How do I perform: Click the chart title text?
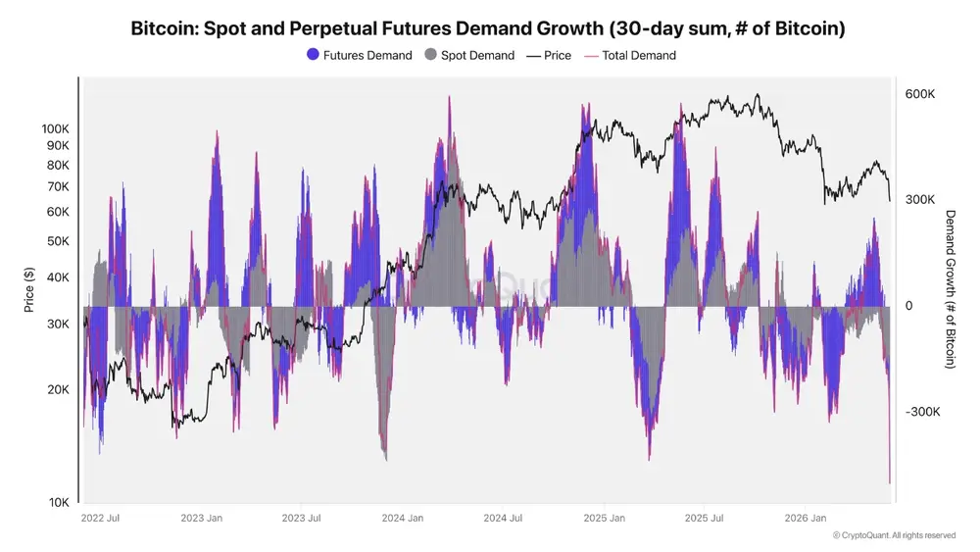[x=487, y=28]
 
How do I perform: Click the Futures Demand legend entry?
[x=360, y=55]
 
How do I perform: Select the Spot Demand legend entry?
[x=469, y=55]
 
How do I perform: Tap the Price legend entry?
[x=549, y=55]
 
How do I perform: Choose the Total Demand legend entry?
[x=630, y=55]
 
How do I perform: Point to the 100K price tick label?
[x=56, y=128]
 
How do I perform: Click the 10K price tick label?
[x=60, y=502]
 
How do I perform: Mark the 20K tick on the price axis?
[x=58, y=389]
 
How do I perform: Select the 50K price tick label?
[x=58, y=240]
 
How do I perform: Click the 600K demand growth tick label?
[x=920, y=94]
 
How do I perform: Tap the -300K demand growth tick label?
[x=922, y=412]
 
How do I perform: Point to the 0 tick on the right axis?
[x=908, y=306]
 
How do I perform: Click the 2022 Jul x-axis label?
[x=100, y=518]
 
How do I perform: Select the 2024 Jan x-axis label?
[x=403, y=518]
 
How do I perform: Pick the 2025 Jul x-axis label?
[x=704, y=518]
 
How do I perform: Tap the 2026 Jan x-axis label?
[x=805, y=518]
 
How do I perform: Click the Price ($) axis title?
[x=28, y=289]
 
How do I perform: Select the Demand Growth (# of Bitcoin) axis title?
[x=950, y=289]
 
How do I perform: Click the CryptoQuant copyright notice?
[x=894, y=535]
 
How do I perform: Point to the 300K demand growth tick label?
[x=920, y=199]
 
